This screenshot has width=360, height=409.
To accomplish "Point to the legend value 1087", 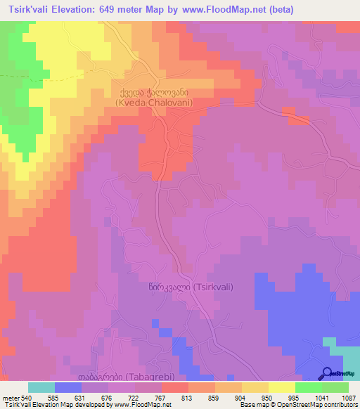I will click(348, 398).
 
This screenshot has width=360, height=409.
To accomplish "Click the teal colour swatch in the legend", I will click(41, 387).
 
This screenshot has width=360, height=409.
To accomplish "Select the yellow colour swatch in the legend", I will click(281, 387).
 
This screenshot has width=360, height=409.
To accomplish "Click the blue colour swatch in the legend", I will click(67, 387).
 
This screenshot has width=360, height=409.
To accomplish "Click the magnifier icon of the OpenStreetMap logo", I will click(327, 372).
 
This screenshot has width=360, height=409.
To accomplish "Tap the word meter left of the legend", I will click(9, 398).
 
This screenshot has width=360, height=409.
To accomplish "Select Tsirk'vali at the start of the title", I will click(28, 9).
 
